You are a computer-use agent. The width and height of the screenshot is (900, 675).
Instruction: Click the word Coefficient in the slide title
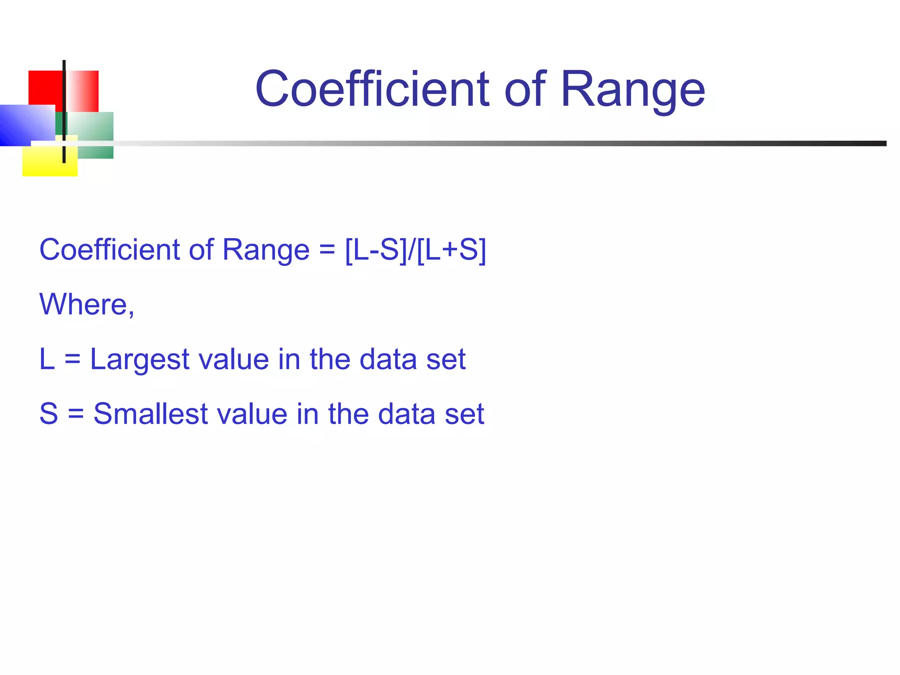pos(372,89)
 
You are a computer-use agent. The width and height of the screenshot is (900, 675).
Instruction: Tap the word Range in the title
pos(632,91)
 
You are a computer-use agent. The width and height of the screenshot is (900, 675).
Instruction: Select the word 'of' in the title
pos(525,89)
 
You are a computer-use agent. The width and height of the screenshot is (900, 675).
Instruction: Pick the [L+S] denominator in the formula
pos(451,250)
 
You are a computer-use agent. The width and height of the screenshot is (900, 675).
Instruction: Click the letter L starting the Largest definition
pos(47,359)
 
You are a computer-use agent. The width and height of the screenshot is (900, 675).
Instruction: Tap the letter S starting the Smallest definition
pos(48,414)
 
